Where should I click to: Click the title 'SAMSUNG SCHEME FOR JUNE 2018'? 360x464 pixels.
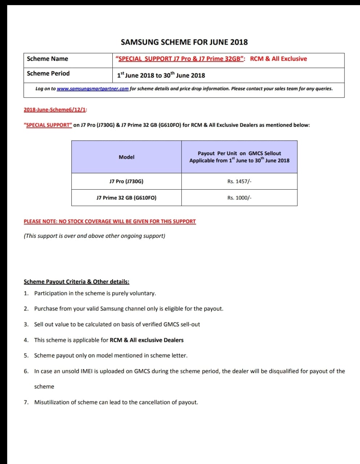[x=184, y=42]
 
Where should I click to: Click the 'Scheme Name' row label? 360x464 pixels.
[x=47, y=59]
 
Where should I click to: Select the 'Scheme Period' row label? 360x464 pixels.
[x=48, y=73]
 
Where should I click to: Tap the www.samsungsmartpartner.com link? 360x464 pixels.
[x=92, y=89]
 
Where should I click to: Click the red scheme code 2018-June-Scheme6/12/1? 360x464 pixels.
[x=55, y=109]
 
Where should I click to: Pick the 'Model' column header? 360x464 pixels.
[x=127, y=157]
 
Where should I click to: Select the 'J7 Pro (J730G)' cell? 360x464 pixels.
[x=126, y=181]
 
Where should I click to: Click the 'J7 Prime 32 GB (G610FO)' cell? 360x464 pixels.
[x=126, y=198]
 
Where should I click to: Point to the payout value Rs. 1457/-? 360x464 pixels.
[x=239, y=181]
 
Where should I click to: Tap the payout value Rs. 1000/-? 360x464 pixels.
[x=239, y=198]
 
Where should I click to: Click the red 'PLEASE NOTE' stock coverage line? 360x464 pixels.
[x=109, y=221]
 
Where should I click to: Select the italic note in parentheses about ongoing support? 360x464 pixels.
[x=94, y=236]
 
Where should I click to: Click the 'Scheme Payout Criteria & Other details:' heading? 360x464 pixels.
[x=76, y=282]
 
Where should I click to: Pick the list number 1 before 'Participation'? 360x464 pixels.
[x=26, y=293]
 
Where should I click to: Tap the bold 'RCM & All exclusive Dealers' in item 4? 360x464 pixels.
[x=146, y=340]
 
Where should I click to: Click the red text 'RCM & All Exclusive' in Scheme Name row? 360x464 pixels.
[x=278, y=59]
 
